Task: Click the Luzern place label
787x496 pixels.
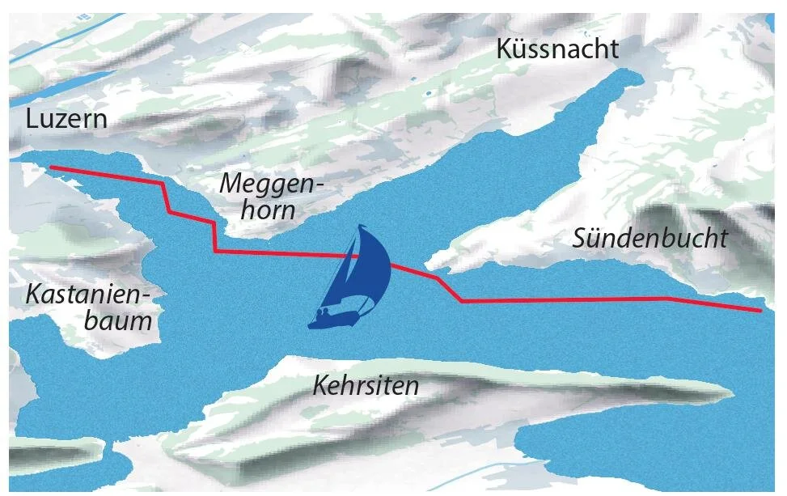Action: click(x=66, y=120)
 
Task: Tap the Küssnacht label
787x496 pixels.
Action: click(x=558, y=49)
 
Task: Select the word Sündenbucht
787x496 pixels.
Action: click(x=649, y=239)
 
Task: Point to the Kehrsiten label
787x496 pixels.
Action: click(x=366, y=385)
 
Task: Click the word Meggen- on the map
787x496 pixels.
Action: click(x=271, y=184)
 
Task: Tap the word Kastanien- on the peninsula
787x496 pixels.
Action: click(x=92, y=294)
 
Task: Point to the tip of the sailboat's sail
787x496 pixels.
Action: click(x=363, y=227)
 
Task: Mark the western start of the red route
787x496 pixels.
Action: click(x=51, y=167)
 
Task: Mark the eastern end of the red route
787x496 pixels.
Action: click(x=760, y=310)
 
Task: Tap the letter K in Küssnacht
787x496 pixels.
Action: click(x=506, y=49)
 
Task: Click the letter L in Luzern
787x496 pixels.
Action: click(x=32, y=120)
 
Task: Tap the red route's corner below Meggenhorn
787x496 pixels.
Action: click(x=215, y=252)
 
